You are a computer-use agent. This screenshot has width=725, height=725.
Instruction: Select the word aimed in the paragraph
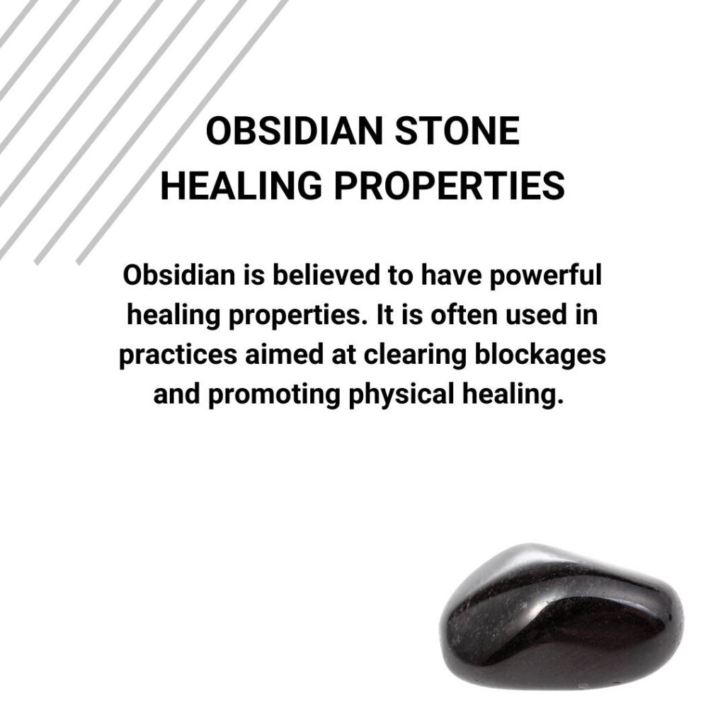(x=275, y=355)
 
